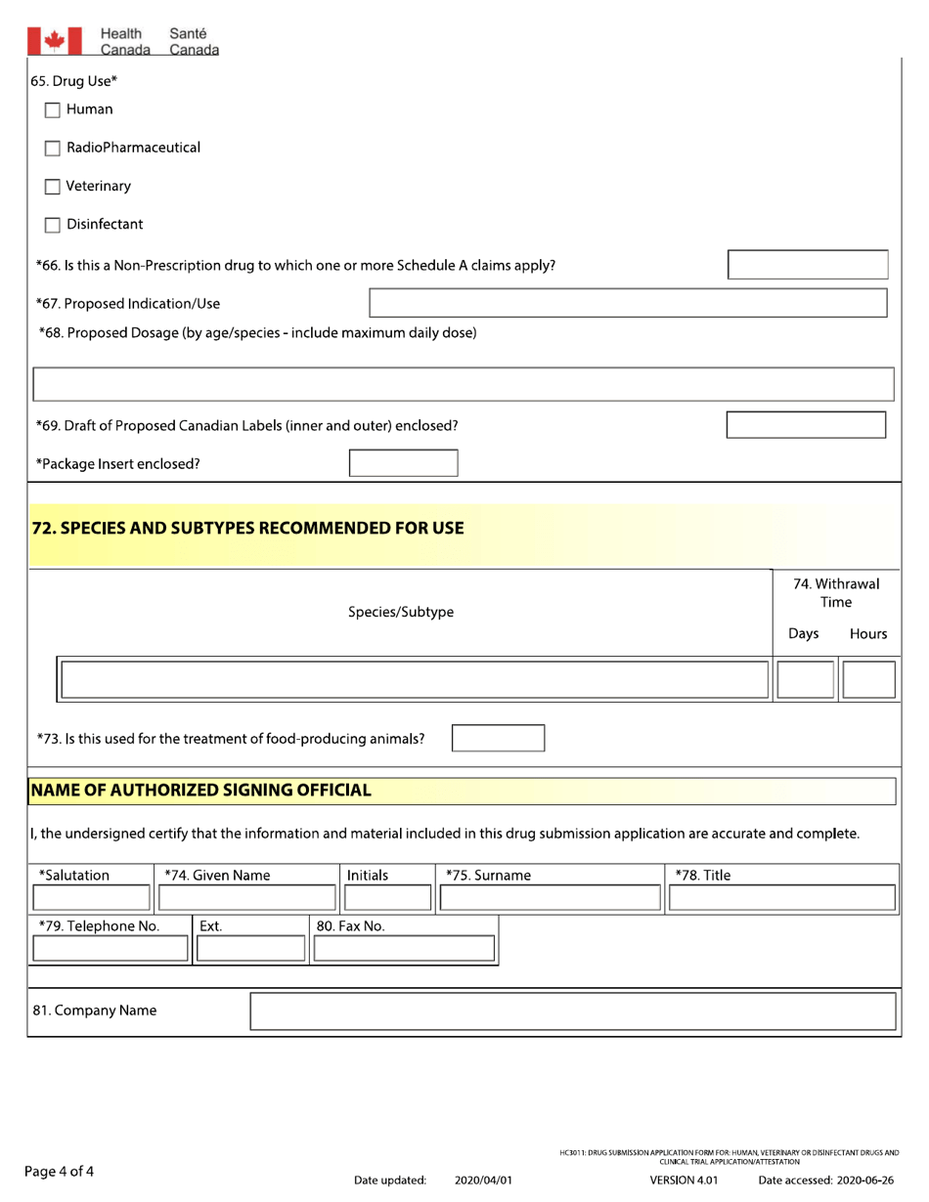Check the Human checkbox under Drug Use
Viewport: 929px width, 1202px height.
tap(54, 110)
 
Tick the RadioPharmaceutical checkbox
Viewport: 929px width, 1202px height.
tap(54, 149)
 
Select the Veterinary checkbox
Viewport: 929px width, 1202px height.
tap(54, 187)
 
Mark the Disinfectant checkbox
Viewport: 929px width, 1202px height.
tap(54, 225)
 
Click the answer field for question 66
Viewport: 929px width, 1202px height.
tap(808, 265)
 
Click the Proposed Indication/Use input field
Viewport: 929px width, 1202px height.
tap(628, 303)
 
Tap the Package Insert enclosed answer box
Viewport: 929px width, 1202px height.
tap(403, 463)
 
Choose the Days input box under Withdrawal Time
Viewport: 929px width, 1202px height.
tap(804, 679)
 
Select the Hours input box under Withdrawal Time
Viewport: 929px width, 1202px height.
tap(867, 679)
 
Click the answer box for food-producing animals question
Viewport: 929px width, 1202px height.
tap(498, 738)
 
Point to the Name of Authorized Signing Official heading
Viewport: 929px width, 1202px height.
tap(200, 790)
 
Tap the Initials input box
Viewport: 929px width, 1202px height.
tap(385, 898)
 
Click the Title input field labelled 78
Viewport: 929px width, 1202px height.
tap(782, 898)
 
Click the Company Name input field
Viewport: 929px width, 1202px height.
tap(573, 1011)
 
